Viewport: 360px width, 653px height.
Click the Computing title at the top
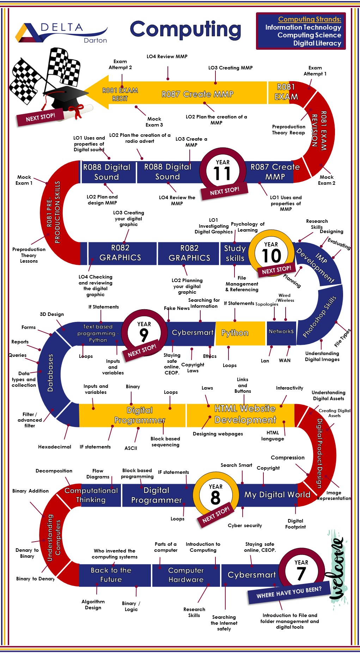(x=185, y=30)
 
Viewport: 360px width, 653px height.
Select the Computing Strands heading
(x=310, y=19)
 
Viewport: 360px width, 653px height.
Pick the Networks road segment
(x=281, y=331)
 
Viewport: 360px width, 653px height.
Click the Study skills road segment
(x=234, y=253)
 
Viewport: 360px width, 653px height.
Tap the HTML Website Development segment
(x=245, y=414)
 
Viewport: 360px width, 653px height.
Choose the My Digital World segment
(x=277, y=495)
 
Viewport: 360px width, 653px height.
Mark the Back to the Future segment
(x=111, y=575)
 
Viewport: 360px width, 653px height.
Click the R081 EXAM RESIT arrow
(x=120, y=94)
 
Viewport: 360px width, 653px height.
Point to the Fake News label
(x=177, y=308)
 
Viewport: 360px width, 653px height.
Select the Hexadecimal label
(x=55, y=447)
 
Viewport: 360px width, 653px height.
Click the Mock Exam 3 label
(x=154, y=122)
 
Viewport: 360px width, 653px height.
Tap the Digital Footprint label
(x=295, y=524)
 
